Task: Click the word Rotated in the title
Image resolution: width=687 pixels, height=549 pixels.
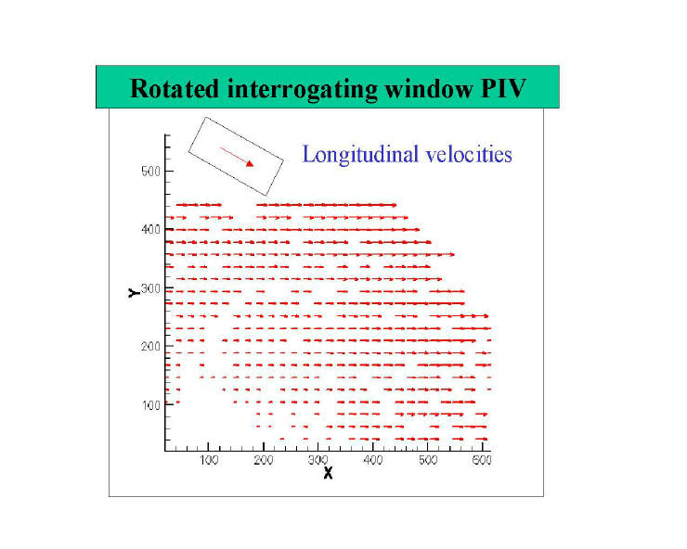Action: (175, 88)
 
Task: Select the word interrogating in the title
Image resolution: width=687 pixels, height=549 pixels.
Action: (303, 90)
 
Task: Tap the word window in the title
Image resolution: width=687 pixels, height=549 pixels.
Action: (429, 88)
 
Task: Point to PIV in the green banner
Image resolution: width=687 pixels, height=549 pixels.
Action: (503, 88)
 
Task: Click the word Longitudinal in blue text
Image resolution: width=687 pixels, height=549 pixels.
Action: (360, 155)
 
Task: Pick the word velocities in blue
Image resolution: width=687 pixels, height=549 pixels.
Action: (469, 154)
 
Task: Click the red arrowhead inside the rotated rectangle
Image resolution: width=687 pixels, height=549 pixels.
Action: (250, 164)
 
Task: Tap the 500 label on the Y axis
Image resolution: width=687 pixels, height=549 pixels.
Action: (150, 172)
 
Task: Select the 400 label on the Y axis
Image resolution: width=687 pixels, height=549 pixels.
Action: (150, 229)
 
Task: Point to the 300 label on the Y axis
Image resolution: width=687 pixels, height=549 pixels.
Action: (150, 288)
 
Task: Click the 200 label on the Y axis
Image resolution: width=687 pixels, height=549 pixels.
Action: (150, 346)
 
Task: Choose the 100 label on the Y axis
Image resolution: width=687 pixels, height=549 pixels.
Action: (150, 405)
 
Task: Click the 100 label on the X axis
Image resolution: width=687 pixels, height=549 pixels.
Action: (209, 460)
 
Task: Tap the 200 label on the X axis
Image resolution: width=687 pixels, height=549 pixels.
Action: (264, 460)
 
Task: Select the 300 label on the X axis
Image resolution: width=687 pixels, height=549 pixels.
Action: (318, 460)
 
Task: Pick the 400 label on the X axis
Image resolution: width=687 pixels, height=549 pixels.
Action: (373, 460)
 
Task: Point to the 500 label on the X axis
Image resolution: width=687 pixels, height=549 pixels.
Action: (428, 460)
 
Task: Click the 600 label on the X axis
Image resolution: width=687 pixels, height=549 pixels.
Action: (482, 460)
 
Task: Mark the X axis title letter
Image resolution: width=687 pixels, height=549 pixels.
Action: (328, 473)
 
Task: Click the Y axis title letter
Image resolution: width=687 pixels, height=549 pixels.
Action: (134, 293)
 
